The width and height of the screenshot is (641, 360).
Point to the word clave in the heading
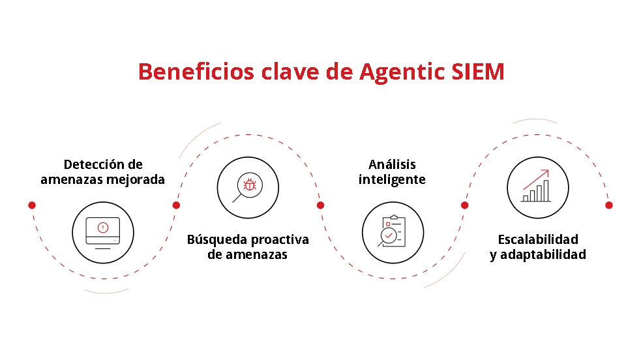284,71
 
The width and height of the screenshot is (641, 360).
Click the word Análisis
392,164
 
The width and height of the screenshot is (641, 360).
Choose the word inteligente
392,179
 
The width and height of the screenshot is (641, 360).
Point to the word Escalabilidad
538,239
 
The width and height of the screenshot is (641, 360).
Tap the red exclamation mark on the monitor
102,227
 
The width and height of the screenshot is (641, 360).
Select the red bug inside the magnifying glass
249,185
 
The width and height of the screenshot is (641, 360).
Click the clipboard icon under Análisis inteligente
393,232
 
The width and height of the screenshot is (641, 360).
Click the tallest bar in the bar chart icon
546,190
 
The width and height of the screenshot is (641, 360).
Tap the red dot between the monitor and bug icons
176,205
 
